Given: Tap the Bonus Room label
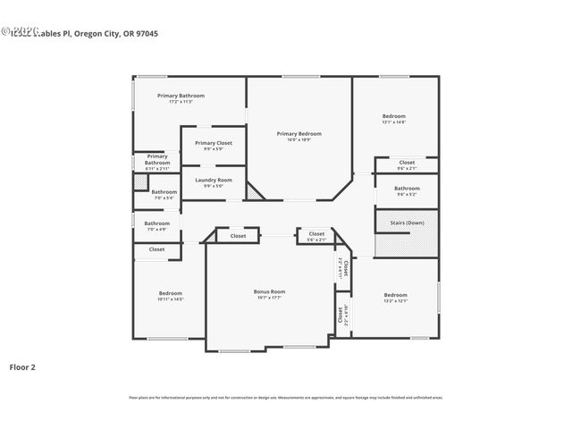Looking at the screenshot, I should pos(269,291).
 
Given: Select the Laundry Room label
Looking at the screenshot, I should pos(214,180).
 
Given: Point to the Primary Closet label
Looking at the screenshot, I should pos(214,143).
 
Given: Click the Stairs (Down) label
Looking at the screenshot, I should pos(407,223).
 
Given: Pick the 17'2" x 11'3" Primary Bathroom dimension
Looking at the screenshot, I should pos(181,102).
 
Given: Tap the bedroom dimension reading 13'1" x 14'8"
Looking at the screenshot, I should pos(394,122).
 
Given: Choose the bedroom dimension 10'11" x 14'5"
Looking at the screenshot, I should pos(171,299).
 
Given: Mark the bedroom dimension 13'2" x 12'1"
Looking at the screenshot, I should pos(395,301).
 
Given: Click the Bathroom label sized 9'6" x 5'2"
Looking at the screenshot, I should pos(407,188).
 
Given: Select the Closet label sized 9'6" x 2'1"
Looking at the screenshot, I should pos(407,162).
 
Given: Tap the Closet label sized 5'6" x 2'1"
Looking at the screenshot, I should pos(316,234).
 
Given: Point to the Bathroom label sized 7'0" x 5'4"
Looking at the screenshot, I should pos(164,191).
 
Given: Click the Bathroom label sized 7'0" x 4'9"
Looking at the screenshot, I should pos(157,223).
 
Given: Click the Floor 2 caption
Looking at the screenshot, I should pos(22,366).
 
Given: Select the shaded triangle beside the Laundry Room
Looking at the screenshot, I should pos(255,191).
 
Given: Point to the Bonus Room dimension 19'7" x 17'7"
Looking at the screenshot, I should pos(269,298).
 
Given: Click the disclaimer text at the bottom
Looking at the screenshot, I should pos(285,398).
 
